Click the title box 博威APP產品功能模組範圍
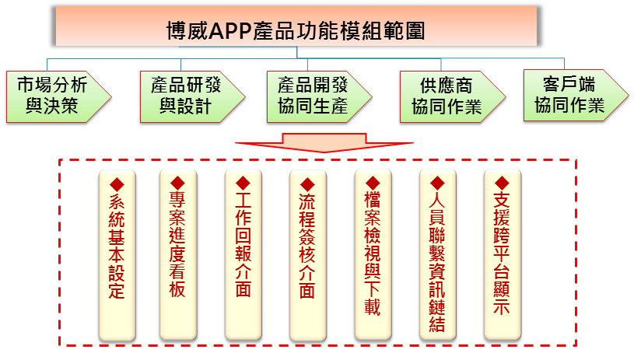pyautogui.click(x=296, y=26)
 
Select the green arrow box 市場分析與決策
pyautogui.click(x=58, y=96)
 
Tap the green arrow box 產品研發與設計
pyautogui.click(x=192, y=96)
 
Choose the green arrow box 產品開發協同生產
pyautogui.click(x=320, y=96)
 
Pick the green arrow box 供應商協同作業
pyautogui.click(x=453, y=96)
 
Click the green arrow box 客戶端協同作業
pyautogui.click(x=576, y=96)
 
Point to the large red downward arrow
pyautogui.click(x=324, y=142)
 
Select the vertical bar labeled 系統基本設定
pyautogui.click(x=117, y=255)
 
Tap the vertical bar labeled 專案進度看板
pyautogui.click(x=178, y=255)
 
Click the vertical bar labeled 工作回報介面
pyautogui.click(x=243, y=255)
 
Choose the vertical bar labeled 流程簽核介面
pyautogui.click(x=308, y=255)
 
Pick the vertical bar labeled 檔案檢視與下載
pyautogui.click(x=373, y=255)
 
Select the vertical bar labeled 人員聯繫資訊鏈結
pyautogui.click(x=437, y=255)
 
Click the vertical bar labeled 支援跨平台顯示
pyautogui.click(x=503, y=255)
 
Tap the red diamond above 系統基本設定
pyautogui.click(x=117, y=184)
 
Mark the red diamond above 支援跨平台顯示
pyautogui.click(x=502, y=183)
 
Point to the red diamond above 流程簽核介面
pyautogui.click(x=307, y=184)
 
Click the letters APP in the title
pyautogui.click(x=230, y=31)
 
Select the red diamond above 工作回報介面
pyautogui.click(x=243, y=183)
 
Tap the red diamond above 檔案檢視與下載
pyautogui.click(x=373, y=183)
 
